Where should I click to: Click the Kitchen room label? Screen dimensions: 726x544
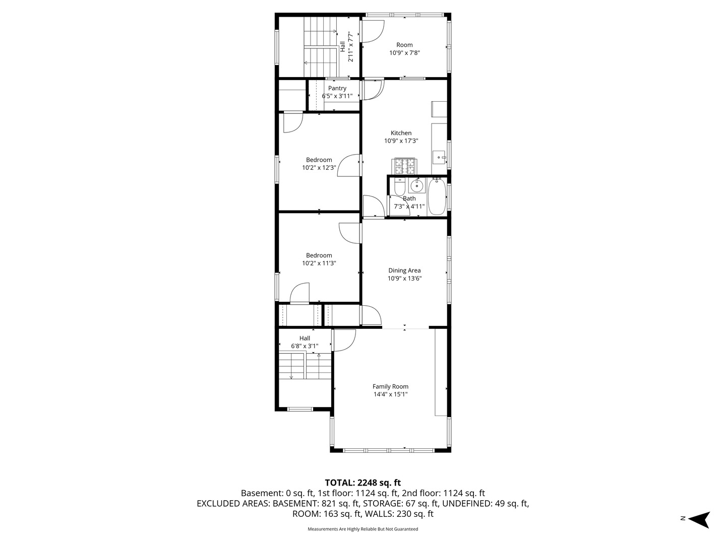tap(401, 133)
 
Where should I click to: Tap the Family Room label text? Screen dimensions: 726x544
tap(390, 386)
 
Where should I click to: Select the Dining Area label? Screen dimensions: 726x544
tap(404, 270)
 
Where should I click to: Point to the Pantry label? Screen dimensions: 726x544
tap(337, 88)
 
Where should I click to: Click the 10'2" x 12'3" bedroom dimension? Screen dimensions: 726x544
tap(319, 167)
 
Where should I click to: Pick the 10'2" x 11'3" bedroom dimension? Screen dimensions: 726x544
tap(319, 263)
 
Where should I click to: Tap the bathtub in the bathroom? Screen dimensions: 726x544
tap(437, 196)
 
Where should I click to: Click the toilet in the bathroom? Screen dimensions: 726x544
tap(399, 186)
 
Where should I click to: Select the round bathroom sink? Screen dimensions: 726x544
tap(417, 186)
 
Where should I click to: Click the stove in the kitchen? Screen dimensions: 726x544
tap(404, 166)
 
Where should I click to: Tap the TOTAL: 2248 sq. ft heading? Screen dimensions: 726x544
tap(363, 483)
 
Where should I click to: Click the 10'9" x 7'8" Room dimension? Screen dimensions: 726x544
tap(404, 52)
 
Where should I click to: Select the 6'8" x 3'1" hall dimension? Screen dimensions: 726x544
tap(305, 346)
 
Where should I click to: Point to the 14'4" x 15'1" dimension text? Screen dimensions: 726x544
tap(390, 394)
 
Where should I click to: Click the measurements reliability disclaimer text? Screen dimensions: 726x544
tap(363, 529)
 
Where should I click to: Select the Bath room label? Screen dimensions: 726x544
tap(409, 198)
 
